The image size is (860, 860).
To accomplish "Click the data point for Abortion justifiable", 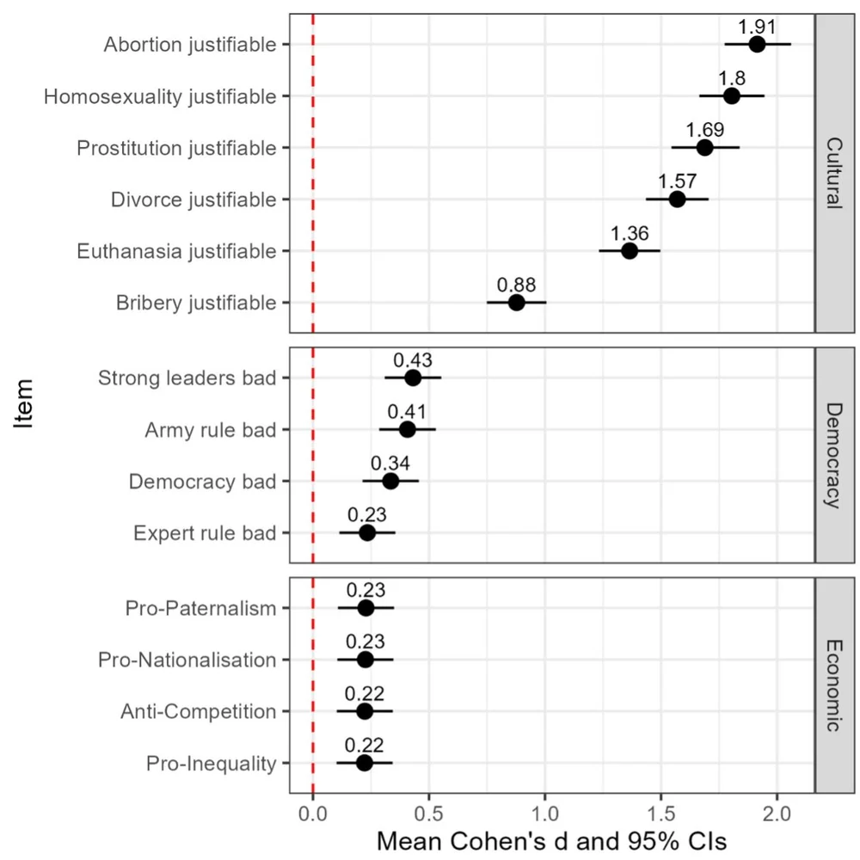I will coord(757,44).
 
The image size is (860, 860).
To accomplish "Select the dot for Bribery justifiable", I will coord(516,303).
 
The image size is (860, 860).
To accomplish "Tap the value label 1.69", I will coord(705,130).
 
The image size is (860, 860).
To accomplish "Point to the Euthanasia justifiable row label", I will coord(176,252).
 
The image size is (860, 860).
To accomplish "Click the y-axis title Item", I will coord(26,404).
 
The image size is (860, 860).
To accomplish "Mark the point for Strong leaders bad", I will coord(413,378).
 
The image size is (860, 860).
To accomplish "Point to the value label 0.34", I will coord(390,463).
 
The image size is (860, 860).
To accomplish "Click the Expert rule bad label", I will coord(205,534).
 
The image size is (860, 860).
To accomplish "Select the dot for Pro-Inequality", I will coord(364,763).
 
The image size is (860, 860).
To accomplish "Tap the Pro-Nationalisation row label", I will coord(187,660).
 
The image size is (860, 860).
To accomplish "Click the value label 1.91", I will coord(758,26).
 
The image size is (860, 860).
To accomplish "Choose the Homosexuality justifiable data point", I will coord(731,95).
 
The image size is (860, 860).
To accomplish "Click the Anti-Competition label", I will coord(199,712).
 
